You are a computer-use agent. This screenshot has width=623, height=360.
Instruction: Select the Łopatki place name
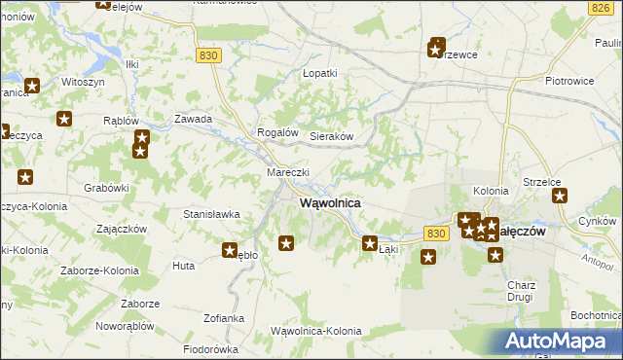tap(319, 73)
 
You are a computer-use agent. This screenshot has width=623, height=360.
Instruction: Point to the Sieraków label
tap(331, 137)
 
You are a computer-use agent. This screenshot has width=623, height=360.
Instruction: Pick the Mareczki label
tap(288, 172)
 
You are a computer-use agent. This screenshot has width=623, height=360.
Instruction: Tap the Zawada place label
tap(193, 119)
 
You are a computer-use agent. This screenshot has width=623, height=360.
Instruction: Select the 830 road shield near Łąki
tap(436, 234)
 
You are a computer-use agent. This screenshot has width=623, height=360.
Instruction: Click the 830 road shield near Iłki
tap(207, 55)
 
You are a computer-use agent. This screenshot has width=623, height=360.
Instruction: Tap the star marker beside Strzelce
tap(561, 196)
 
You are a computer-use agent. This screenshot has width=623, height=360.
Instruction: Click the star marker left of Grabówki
tap(25, 177)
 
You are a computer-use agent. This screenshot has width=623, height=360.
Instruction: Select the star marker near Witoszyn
tap(32, 86)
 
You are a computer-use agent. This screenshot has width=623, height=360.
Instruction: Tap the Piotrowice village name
tap(569, 81)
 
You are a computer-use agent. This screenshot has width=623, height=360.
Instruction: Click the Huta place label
tap(183, 265)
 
